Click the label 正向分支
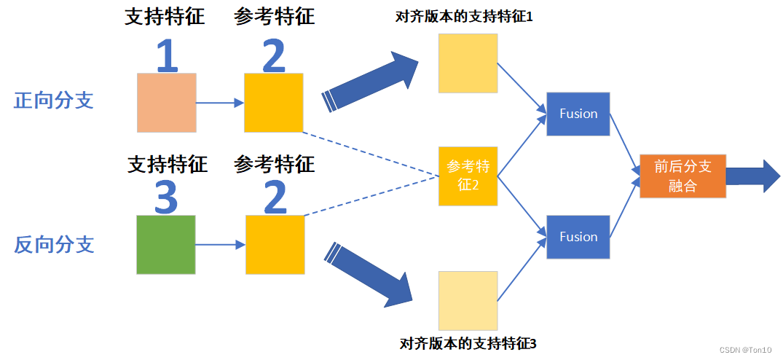tap(54, 101)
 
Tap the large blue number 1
tap(167, 56)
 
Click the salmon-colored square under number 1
tap(167, 103)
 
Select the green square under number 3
tap(166, 245)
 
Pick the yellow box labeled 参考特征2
tap(468, 176)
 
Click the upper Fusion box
tap(578, 114)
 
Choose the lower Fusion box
tap(578, 237)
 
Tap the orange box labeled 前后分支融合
tap(682, 176)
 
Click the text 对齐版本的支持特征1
tap(464, 16)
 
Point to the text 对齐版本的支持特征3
tap(468, 343)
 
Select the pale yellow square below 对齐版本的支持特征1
tap(468, 63)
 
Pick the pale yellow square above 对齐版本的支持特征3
tap(468, 300)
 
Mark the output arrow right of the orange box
tap(752, 176)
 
